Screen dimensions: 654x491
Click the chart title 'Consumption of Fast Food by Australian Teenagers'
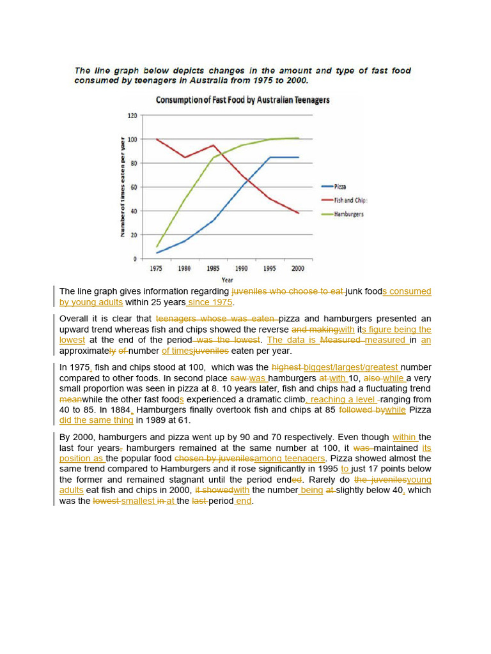pyautogui.click(x=242, y=100)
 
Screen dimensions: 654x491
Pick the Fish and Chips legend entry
pyautogui.click(x=350, y=200)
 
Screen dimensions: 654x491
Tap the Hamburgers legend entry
pyautogui.click(x=348, y=214)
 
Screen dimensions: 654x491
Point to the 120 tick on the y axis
pyautogui.click(x=132, y=116)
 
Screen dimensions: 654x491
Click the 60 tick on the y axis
pyautogui.click(x=134, y=187)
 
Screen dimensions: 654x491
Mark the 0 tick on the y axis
pyautogui.click(x=135, y=259)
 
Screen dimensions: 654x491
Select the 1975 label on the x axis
pyautogui.click(x=157, y=269)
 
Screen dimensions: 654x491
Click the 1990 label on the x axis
pyautogui.click(x=242, y=269)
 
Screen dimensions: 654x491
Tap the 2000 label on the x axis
pyautogui.click(x=298, y=269)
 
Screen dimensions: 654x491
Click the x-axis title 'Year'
pyautogui.click(x=227, y=280)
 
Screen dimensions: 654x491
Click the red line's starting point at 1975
pyautogui.click(x=157, y=139)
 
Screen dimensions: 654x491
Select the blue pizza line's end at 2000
pyautogui.click(x=298, y=157)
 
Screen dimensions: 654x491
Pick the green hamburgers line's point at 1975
pyautogui.click(x=157, y=247)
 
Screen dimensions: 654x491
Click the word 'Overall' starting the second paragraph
pyautogui.click(x=73, y=319)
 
